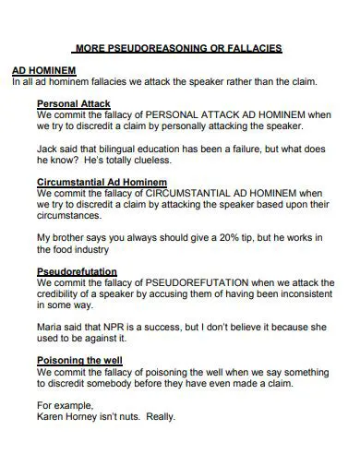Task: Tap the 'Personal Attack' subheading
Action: [x=74, y=102]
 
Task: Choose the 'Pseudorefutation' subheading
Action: [x=77, y=271]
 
